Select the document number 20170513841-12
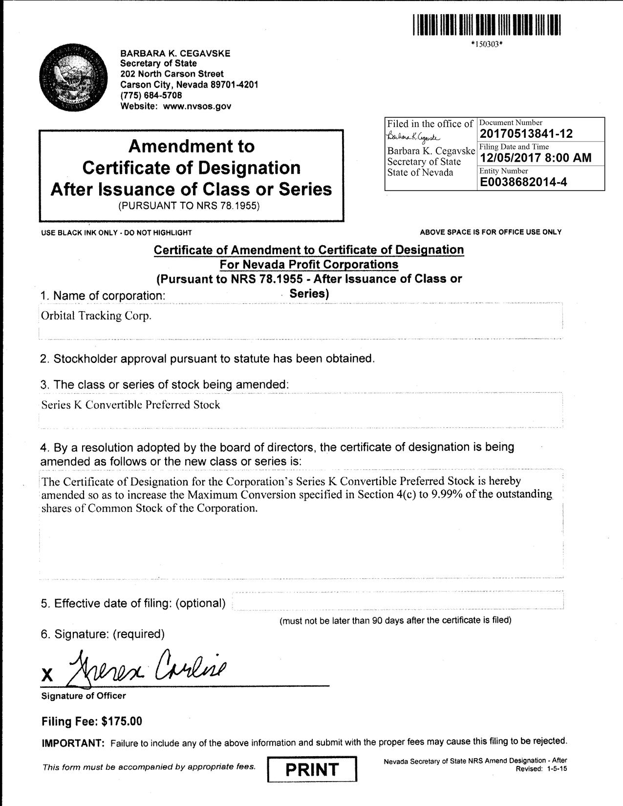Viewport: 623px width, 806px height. pos(526,133)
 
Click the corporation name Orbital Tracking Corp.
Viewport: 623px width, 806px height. pos(96,316)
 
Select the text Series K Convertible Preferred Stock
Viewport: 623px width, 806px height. pos(130,404)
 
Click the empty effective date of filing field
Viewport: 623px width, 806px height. pos(398,600)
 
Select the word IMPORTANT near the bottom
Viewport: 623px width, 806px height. pos(73,743)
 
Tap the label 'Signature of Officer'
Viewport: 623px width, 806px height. pos(84,696)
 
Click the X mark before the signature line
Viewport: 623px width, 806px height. pos(47,676)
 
